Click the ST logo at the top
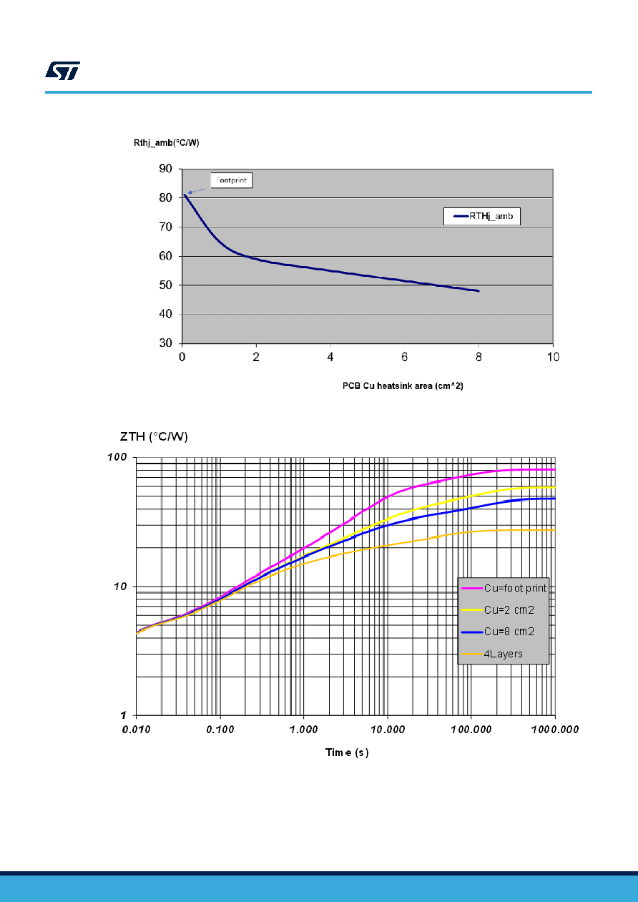click(62, 71)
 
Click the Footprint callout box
click(232, 180)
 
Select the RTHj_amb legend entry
click(482, 216)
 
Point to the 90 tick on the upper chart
click(165, 169)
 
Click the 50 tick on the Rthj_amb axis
click(165, 285)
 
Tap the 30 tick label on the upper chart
click(165, 343)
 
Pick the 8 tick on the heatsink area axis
click(478, 357)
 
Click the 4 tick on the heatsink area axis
click(330, 357)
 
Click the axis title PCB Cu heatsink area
click(403, 386)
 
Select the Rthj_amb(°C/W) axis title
click(167, 142)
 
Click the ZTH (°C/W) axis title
click(154, 436)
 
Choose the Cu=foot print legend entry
click(504, 588)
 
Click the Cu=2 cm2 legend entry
click(498, 610)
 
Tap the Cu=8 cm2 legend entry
click(498, 632)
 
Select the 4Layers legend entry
click(491, 654)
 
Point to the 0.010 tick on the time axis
click(136, 729)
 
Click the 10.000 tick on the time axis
click(388, 729)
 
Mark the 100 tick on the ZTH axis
click(117, 457)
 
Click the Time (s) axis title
click(347, 753)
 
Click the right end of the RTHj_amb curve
click(478, 290)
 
